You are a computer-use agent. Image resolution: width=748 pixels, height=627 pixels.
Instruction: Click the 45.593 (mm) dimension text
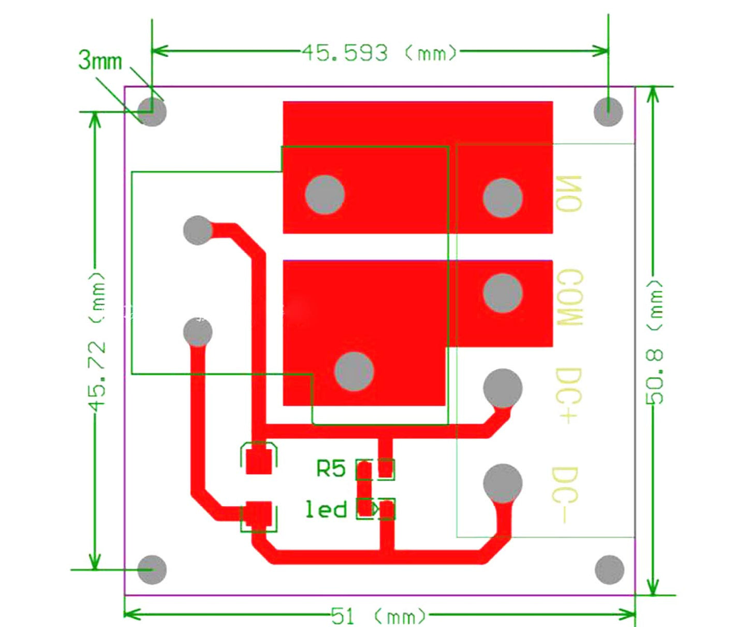click(x=380, y=53)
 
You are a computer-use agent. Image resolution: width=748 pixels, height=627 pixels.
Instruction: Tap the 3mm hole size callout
click(x=100, y=61)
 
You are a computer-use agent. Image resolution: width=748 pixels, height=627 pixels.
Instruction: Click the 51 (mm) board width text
click(x=378, y=616)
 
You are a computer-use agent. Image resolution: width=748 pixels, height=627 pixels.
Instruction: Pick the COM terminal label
click(x=570, y=298)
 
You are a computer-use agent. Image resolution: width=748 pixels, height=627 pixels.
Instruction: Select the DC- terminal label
click(x=565, y=495)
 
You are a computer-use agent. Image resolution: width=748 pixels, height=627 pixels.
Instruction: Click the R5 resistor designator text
click(x=331, y=469)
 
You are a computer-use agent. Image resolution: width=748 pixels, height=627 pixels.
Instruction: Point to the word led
click(x=326, y=509)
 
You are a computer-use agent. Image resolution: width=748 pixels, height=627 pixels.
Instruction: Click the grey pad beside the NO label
click(x=502, y=198)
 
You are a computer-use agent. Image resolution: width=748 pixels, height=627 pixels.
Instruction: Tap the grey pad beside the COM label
click(x=502, y=293)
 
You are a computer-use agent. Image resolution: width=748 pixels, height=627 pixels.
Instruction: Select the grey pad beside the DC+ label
click(x=502, y=388)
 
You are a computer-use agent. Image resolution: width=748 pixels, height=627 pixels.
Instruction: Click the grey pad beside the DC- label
click(x=502, y=483)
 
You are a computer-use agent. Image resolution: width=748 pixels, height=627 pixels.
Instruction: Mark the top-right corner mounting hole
click(x=608, y=112)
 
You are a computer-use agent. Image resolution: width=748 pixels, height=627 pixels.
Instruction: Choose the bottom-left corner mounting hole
click(x=152, y=569)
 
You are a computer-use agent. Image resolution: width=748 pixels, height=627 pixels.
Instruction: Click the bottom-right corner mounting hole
click(x=609, y=569)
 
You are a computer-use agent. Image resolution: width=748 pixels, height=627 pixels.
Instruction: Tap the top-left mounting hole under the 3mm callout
click(x=152, y=112)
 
